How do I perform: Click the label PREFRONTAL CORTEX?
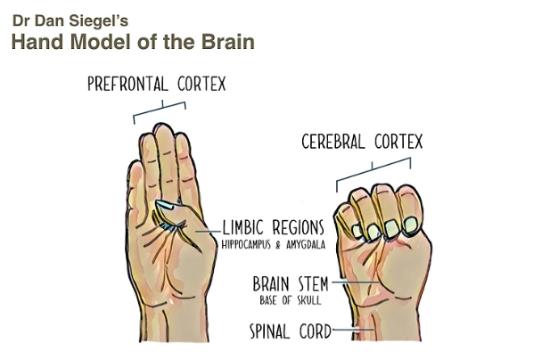pos(156,86)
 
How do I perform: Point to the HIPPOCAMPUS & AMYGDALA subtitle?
pos(275,243)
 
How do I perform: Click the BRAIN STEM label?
pos(290,285)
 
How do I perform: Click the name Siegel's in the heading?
pos(104,18)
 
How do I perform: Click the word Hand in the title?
pos(35,40)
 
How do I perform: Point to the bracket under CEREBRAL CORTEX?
pos(373,169)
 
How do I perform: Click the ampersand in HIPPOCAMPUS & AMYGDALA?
pos(288,243)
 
